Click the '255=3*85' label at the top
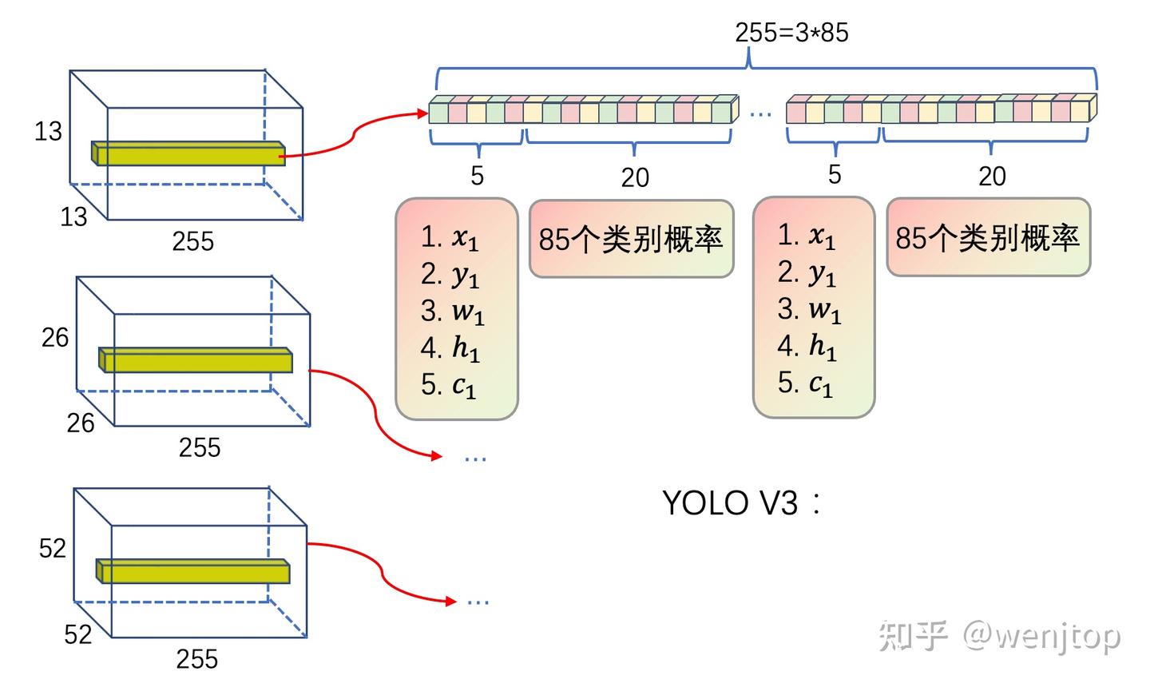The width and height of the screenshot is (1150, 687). [791, 33]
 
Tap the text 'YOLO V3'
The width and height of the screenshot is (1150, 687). [730, 502]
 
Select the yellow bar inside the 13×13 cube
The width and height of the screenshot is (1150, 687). [188, 153]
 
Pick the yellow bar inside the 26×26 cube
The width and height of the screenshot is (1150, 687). [196, 360]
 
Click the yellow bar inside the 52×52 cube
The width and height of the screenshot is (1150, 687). [192, 571]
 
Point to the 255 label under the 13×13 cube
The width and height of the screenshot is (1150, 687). [193, 241]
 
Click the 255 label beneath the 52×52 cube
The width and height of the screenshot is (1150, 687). [196, 659]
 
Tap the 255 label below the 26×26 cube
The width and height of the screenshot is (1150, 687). [200, 447]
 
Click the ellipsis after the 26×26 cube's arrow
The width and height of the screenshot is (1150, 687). [475, 458]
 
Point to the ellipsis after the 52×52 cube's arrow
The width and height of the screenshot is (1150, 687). [478, 602]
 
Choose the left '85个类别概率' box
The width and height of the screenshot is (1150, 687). [631, 238]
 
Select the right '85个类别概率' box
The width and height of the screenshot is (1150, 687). [988, 237]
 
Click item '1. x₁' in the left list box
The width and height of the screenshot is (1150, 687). [449, 237]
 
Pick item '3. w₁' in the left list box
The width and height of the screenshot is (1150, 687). [452, 312]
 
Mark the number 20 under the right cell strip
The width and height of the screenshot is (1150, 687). [992, 177]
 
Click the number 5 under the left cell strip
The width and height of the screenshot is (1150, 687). [477, 176]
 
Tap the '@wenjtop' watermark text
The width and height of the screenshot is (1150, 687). [1041, 637]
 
